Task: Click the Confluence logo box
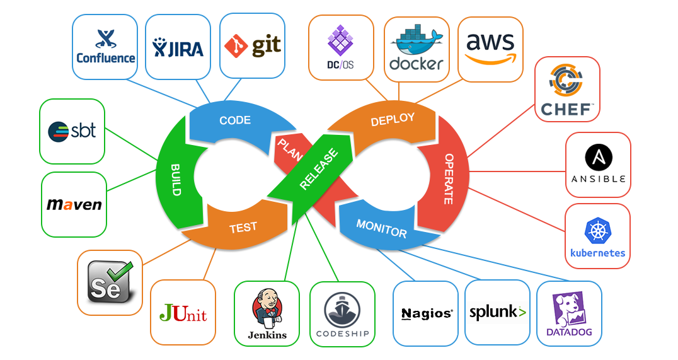pyautogui.click(x=105, y=47)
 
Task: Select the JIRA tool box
pyautogui.click(x=178, y=47)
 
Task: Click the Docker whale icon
pyautogui.click(x=413, y=42)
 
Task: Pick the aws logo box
pyautogui.click(x=490, y=49)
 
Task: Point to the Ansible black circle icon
pyautogui.click(x=598, y=157)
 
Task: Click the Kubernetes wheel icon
pyautogui.click(x=597, y=231)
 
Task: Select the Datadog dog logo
pyautogui.click(x=569, y=308)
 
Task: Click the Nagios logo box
pyautogui.click(x=426, y=313)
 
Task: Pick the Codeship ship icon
pyautogui.click(x=342, y=309)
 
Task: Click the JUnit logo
pyautogui.click(x=183, y=313)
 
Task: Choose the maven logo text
pyautogui.click(x=74, y=205)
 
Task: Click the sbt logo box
pyautogui.click(x=72, y=131)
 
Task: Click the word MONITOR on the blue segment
pyautogui.click(x=382, y=228)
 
